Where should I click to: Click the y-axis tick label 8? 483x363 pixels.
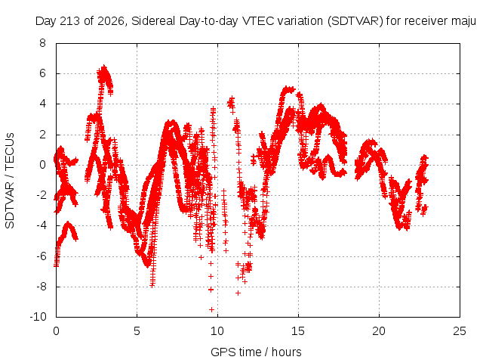(42, 43)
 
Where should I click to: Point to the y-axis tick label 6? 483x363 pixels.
(42, 73)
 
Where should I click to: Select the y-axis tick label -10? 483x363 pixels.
(38, 317)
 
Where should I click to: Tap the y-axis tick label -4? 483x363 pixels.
(40, 225)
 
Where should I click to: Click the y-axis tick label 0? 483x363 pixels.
(42, 165)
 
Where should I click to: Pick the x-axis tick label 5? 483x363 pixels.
(137, 331)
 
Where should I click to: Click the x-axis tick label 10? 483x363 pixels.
(217, 331)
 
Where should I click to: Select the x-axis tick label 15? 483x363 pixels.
(298, 331)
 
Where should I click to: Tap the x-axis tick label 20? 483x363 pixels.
(379, 331)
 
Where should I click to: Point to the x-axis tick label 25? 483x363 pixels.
(460, 331)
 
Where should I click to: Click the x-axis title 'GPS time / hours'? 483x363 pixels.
(256, 352)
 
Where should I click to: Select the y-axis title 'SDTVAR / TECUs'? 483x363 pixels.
(10, 181)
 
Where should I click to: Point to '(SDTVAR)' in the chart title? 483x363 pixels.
(355, 21)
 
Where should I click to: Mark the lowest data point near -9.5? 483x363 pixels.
(211, 309)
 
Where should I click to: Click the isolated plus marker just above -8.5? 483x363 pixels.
(238, 293)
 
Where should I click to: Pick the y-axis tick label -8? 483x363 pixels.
(40, 287)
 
